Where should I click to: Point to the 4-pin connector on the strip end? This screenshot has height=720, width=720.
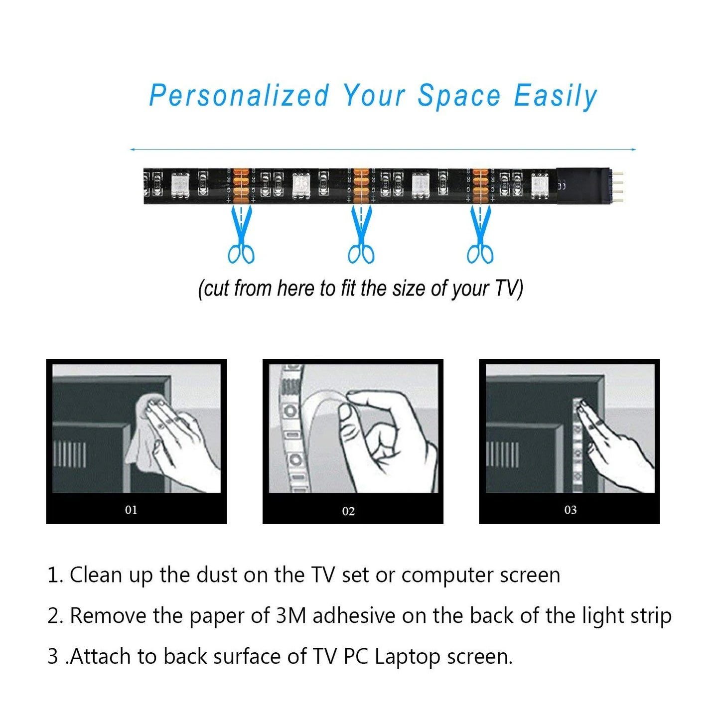tap(616, 186)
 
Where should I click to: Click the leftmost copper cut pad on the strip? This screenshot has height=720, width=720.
tap(241, 185)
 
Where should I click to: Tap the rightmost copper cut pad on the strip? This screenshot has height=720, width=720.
tap(480, 185)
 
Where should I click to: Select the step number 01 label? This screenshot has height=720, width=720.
tap(131, 510)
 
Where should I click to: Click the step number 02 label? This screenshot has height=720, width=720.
tap(348, 511)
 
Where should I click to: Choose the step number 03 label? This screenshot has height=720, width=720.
tap(571, 510)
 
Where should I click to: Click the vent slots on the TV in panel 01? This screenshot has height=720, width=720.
tap(70, 454)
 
